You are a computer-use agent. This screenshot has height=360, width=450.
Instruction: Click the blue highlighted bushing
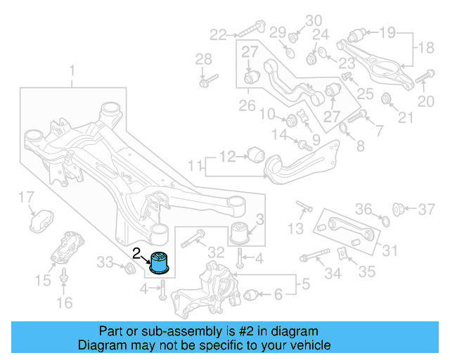point(162,261)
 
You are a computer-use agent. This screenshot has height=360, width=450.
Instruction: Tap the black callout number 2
point(137,251)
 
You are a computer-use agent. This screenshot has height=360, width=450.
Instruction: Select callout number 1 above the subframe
point(71,70)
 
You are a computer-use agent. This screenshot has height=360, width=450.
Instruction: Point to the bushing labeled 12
point(256,153)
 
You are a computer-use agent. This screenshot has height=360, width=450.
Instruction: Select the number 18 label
point(427,48)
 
